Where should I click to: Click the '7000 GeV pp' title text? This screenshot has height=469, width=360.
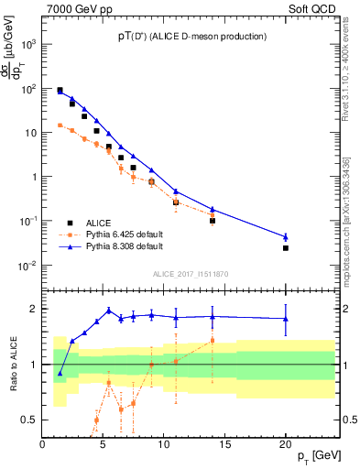[76, 7]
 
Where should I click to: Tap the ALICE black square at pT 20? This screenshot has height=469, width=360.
[286, 248]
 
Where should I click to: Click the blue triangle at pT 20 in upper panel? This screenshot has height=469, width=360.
[286, 237]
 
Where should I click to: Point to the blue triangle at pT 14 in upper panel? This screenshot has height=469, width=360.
[213, 210]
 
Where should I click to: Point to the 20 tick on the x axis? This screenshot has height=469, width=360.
[286, 445]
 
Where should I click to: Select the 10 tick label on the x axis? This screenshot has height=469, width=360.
[164, 445]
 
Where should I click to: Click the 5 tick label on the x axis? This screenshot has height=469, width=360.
[104, 445]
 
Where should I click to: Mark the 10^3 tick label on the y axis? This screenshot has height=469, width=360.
[28, 44]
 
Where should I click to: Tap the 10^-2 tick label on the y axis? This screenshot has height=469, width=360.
[27, 266]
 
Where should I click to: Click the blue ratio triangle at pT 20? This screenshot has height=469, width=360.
[286, 319]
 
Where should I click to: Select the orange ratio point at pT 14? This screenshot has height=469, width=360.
[213, 341]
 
